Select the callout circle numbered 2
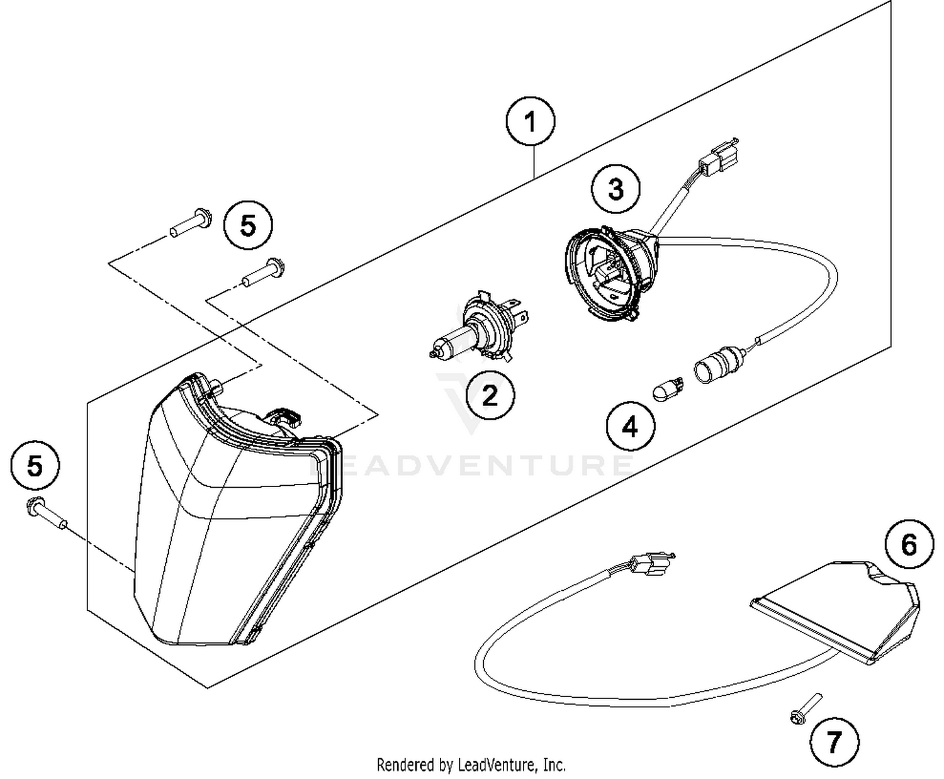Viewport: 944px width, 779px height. click(x=490, y=396)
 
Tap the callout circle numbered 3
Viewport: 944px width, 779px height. click(x=615, y=189)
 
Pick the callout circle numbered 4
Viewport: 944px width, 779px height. click(x=630, y=427)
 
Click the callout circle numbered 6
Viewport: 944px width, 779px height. click(x=909, y=544)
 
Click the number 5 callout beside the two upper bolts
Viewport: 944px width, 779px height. click(x=249, y=225)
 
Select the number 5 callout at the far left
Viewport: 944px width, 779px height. click(x=35, y=466)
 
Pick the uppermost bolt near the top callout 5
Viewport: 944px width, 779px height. click(x=191, y=224)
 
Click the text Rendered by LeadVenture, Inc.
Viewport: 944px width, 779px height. click(x=471, y=765)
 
